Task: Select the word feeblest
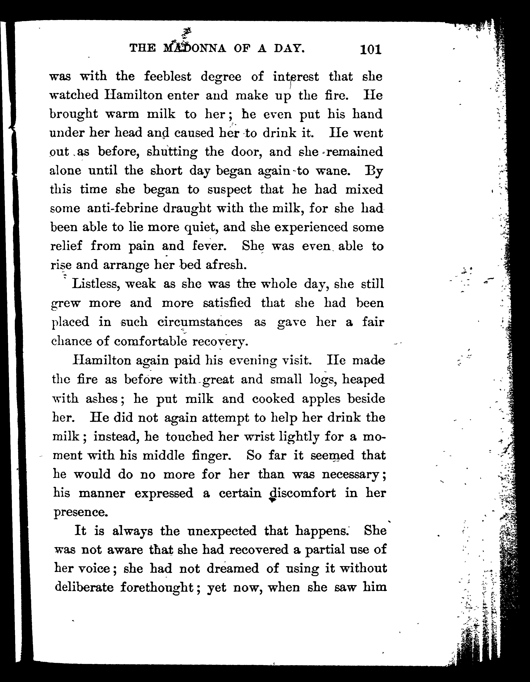[x=168, y=76]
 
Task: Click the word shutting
[x=172, y=152]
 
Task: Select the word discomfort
[x=302, y=494]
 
